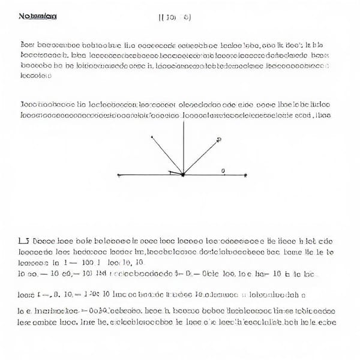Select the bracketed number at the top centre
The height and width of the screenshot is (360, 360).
(175, 17)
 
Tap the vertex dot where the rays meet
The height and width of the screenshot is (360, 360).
(183, 175)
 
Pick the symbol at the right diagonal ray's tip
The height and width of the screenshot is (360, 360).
(218, 140)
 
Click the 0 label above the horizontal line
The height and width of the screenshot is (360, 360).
(223, 171)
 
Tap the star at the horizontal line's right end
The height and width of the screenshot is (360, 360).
(245, 175)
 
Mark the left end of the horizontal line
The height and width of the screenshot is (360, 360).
(119, 175)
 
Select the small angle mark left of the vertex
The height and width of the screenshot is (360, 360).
(173, 173)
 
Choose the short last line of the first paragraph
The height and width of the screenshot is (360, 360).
(36, 76)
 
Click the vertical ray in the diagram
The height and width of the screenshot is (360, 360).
(183, 147)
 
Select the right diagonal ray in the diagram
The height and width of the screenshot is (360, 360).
(200, 157)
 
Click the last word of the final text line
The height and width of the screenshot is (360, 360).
(325, 322)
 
